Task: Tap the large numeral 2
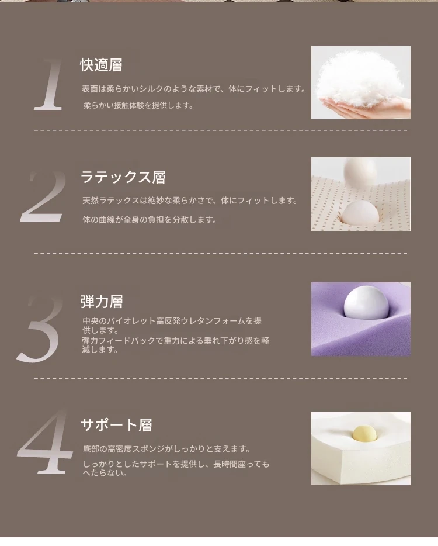[x=43, y=196]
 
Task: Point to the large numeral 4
[x=44, y=442]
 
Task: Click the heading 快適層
[x=101, y=65]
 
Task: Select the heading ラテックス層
[x=123, y=177]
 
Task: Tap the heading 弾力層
[x=102, y=302]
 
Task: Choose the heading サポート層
[x=116, y=425]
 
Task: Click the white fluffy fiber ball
[x=360, y=79]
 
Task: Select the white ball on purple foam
[x=366, y=302]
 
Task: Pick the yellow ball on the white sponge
[x=364, y=433]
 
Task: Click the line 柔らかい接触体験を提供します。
[x=138, y=105]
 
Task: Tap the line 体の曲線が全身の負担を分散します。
[x=150, y=220]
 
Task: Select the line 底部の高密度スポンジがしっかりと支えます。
[x=166, y=449]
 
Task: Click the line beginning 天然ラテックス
[x=190, y=201]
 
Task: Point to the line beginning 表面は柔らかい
[x=193, y=89]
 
